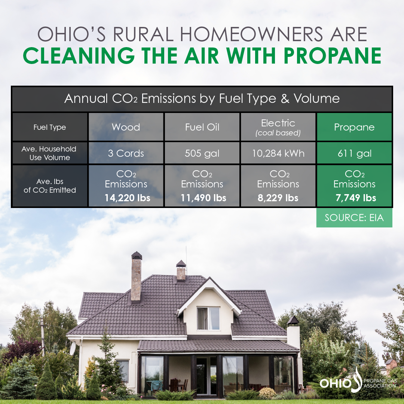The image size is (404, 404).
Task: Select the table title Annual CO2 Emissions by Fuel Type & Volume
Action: click(x=202, y=99)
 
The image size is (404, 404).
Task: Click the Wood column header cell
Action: click(x=126, y=127)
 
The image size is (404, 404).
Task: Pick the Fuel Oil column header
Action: click(x=202, y=127)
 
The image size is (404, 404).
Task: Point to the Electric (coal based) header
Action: click(x=278, y=127)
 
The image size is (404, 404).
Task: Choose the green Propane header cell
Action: click(x=354, y=127)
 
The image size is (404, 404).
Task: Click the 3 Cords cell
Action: click(x=126, y=153)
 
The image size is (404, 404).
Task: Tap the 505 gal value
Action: click(x=202, y=153)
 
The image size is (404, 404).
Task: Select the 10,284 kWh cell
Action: click(x=278, y=153)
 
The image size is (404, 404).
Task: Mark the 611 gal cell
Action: click(x=354, y=153)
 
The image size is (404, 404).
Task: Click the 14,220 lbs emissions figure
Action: click(x=127, y=198)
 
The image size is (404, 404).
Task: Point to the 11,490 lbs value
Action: click(x=203, y=198)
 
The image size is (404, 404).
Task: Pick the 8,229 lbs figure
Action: click(x=278, y=198)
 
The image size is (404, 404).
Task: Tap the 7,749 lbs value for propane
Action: click(x=354, y=198)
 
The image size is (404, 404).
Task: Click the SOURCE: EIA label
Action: click(x=354, y=217)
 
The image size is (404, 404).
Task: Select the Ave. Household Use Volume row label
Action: click(x=49, y=153)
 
